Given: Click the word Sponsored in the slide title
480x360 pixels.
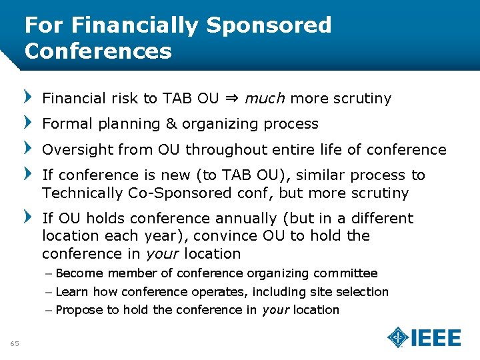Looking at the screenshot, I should pyautogui.click(x=269, y=25).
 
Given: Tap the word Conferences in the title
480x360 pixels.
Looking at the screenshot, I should pyautogui.click(x=98, y=51).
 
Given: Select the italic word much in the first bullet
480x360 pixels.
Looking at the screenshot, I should pyautogui.click(x=265, y=99).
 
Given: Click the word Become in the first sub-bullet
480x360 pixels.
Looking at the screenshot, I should pyautogui.click(x=80, y=273).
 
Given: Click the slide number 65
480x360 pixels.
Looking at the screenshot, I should pyautogui.click(x=15, y=343).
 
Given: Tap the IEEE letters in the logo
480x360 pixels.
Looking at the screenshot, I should pyautogui.click(x=436, y=338).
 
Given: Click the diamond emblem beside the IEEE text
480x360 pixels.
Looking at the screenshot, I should pyautogui.click(x=399, y=338).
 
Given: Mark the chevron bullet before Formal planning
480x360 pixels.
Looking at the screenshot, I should pyautogui.click(x=28, y=123).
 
